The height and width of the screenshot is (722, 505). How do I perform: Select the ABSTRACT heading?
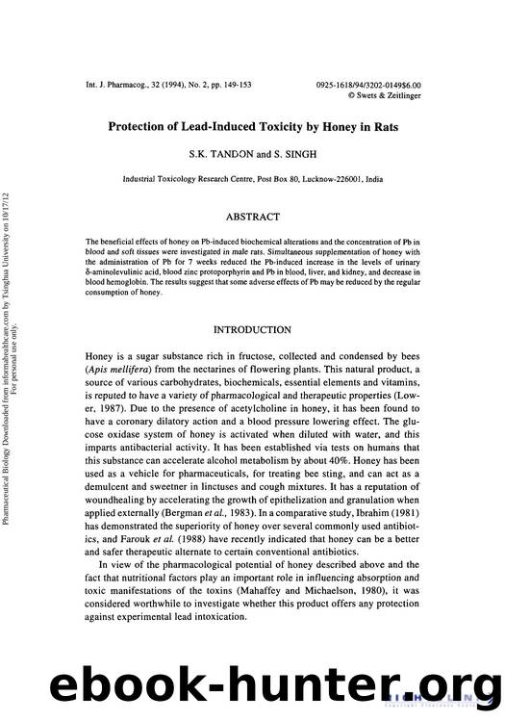252,218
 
